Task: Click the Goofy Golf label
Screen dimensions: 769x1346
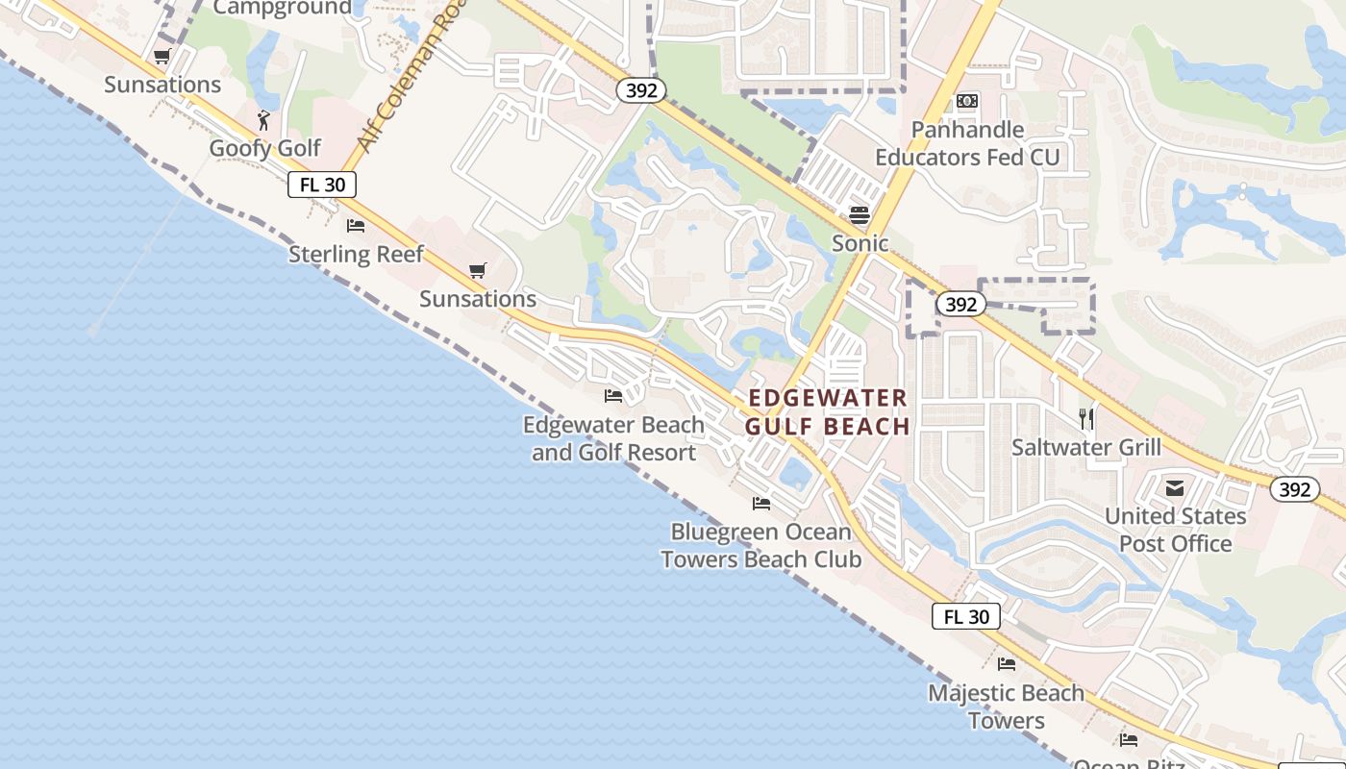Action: (265, 149)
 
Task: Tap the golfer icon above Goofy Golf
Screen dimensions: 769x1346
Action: (264, 120)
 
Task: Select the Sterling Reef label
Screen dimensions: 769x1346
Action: (356, 255)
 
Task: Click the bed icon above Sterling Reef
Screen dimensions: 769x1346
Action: (356, 227)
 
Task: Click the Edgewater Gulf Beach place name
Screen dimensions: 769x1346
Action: (828, 412)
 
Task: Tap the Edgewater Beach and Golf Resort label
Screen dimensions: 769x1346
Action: (613, 438)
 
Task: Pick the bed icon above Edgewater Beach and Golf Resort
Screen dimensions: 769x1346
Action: (613, 395)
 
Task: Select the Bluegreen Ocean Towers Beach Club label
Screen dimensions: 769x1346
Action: (760, 545)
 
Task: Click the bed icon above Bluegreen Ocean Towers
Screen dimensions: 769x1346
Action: (761, 503)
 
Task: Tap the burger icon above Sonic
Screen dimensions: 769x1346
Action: (860, 214)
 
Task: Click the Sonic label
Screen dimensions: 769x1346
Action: (860, 243)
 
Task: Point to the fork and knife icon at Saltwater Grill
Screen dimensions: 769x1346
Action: (1086, 418)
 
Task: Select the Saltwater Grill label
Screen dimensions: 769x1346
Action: (1086, 447)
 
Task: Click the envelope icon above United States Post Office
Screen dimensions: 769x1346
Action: (1175, 488)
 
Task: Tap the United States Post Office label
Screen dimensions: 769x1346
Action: (1175, 530)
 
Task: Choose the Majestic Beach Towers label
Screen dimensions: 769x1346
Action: (1006, 707)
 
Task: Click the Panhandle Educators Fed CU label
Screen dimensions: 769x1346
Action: (967, 143)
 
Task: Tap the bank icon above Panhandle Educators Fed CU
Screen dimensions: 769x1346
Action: (967, 101)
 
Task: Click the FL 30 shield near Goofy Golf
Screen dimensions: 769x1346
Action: (322, 185)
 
